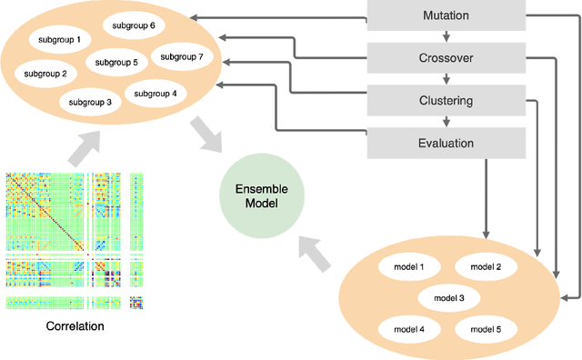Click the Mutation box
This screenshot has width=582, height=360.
[447, 16]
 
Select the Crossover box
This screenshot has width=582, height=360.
[447, 58]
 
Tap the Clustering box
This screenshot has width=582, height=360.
[447, 101]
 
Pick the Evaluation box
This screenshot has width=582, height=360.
[447, 143]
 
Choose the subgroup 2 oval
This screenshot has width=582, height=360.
[45, 73]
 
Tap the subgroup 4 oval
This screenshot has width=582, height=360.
[155, 93]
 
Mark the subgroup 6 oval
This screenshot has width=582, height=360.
[135, 26]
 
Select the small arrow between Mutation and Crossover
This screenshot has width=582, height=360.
[447, 37]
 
